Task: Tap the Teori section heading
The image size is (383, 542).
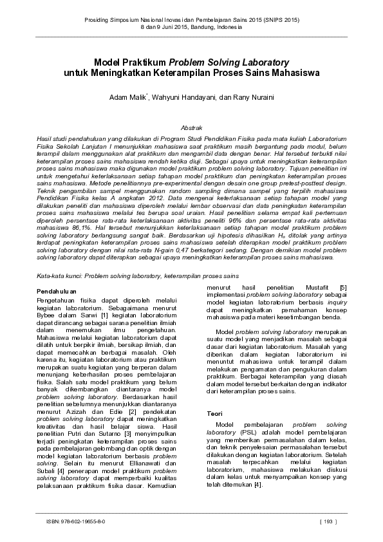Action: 214,412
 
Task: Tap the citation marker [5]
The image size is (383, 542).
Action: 343,287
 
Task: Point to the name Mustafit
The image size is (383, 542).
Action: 314,287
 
